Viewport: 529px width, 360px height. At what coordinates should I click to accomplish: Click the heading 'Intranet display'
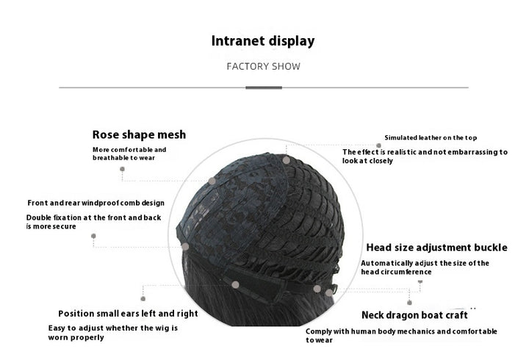[x=263, y=41]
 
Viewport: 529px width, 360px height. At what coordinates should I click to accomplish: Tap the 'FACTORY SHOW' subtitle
[x=263, y=66]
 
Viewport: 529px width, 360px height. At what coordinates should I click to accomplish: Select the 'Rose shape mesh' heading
[x=139, y=134]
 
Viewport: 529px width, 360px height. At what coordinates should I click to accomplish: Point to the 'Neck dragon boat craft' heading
[x=414, y=315]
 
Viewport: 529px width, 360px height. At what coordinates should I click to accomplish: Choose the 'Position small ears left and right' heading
[x=128, y=314]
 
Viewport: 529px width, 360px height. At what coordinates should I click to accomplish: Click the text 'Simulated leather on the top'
[x=431, y=137]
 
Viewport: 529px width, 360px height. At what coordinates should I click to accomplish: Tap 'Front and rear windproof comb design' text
[x=96, y=203]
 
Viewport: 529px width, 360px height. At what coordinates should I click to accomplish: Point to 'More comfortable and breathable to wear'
[x=129, y=154]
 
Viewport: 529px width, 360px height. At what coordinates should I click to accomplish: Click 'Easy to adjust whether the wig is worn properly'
[x=112, y=333]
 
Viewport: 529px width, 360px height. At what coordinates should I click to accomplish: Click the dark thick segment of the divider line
[x=263, y=87]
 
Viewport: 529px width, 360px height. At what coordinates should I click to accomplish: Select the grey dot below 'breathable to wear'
[x=122, y=169]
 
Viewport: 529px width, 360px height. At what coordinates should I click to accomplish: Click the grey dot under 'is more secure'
[x=94, y=236]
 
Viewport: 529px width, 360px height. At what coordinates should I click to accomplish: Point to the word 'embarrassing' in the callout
[x=464, y=152]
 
